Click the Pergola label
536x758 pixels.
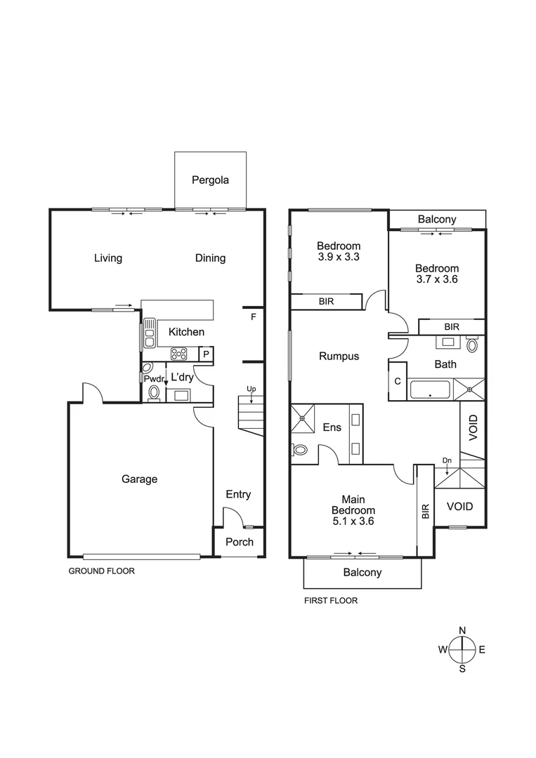[x=210, y=180]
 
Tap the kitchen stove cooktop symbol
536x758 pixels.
[x=178, y=354]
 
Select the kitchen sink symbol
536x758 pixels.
[x=149, y=333]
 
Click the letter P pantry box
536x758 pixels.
[x=206, y=354]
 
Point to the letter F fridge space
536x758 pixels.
[x=253, y=317]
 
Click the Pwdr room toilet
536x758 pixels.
[x=154, y=393]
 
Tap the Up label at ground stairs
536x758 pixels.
[x=250, y=389]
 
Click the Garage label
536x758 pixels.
[x=139, y=479]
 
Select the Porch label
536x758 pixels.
[x=238, y=542]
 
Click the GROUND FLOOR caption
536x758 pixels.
[x=101, y=571]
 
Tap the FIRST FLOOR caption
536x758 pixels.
[x=330, y=600]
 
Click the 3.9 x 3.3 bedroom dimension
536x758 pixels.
[x=339, y=258]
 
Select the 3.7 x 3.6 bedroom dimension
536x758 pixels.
[x=436, y=280]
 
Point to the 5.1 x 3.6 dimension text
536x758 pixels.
[x=353, y=521]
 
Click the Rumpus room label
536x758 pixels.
[x=339, y=356]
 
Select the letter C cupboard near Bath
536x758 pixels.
[x=398, y=383]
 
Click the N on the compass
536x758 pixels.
[x=462, y=630]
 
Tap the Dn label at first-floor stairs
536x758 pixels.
[x=447, y=461]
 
